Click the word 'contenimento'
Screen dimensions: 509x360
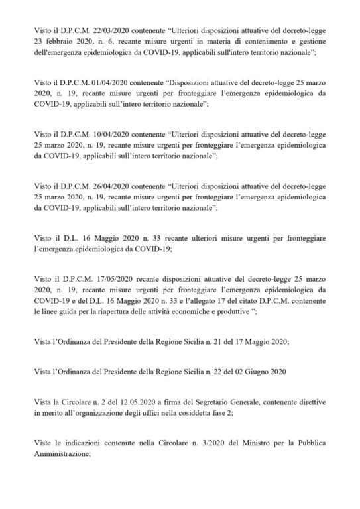[x=240, y=41]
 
